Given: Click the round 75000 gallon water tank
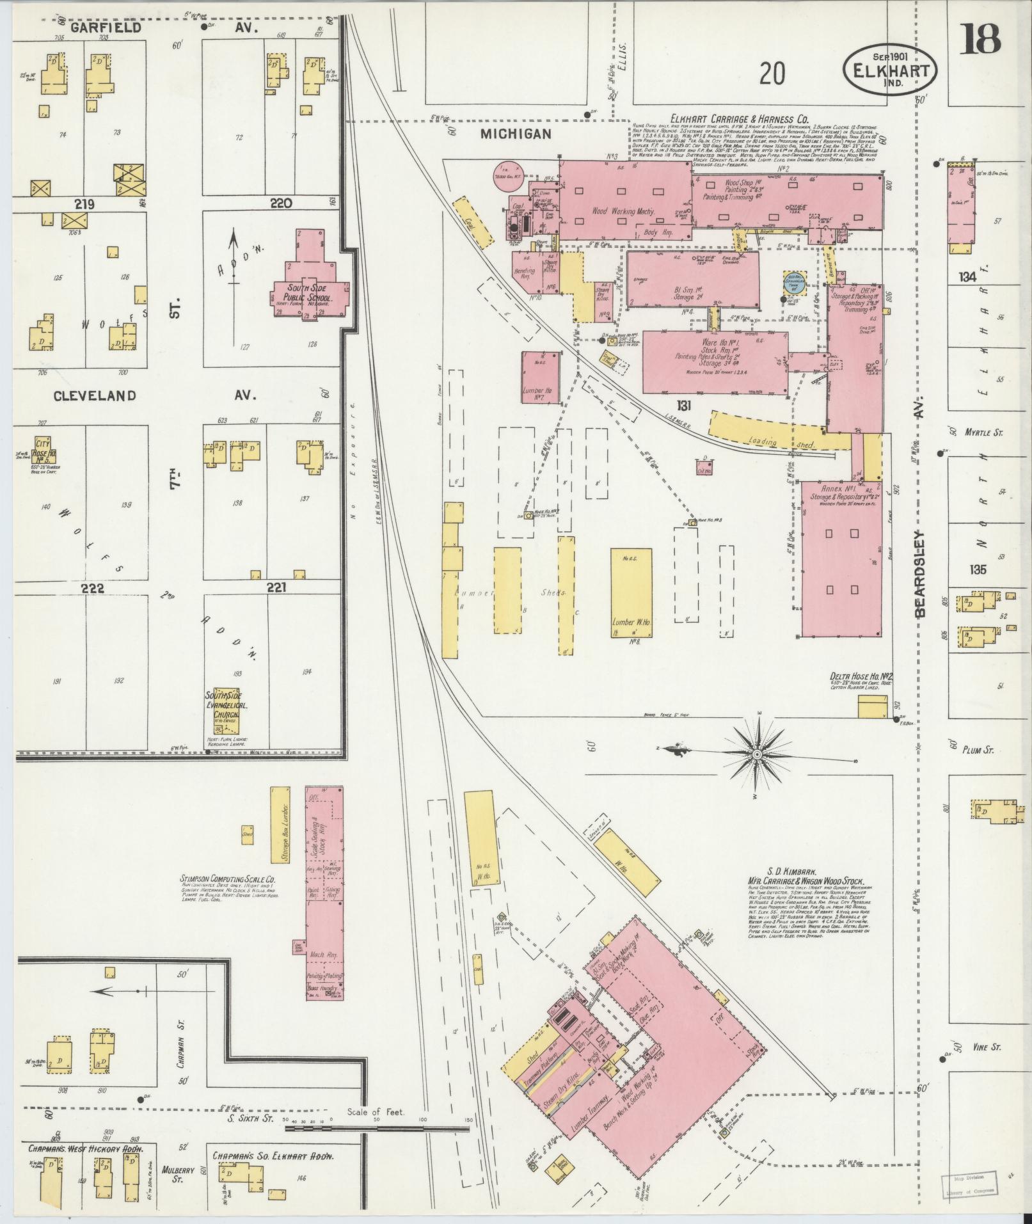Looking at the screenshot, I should (x=509, y=175).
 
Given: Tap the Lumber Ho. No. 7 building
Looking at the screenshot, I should (x=541, y=378).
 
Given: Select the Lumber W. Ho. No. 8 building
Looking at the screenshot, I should (x=631, y=592).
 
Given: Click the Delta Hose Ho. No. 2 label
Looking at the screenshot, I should (x=861, y=676).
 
